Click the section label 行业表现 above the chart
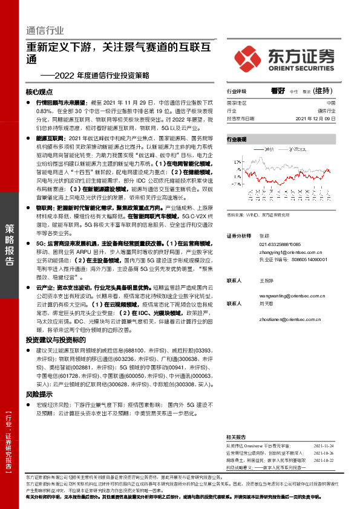237,139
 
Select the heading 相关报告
236,436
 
